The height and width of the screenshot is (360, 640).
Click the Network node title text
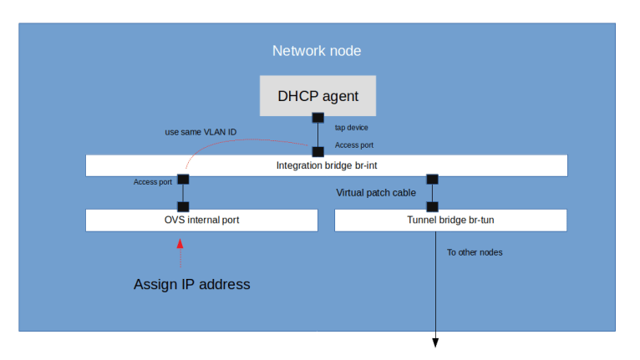click(317, 51)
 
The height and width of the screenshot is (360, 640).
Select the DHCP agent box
click(317, 96)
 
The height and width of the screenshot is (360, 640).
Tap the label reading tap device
click(351, 128)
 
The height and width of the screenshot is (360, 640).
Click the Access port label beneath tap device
click(354, 145)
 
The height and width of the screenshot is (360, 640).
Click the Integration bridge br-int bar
click(326, 165)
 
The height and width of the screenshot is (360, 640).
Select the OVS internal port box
click(201, 221)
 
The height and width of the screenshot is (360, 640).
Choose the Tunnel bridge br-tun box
click(450, 221)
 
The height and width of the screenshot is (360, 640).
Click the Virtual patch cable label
click(376, 193)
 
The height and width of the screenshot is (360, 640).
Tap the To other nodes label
click(475, 252)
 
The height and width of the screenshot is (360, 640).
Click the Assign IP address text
click(191, 284)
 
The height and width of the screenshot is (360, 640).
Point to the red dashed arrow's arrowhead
click(180, 244)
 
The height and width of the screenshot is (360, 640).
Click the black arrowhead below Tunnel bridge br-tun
click(434, 342)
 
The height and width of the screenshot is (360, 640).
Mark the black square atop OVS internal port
click(183, 206)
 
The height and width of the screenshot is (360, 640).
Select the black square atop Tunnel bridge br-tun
click(433, 206)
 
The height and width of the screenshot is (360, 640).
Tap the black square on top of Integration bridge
click(317, 152)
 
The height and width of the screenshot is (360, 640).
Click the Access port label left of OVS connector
click(153, 182)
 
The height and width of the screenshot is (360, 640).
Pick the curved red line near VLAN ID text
click(242, 140)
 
